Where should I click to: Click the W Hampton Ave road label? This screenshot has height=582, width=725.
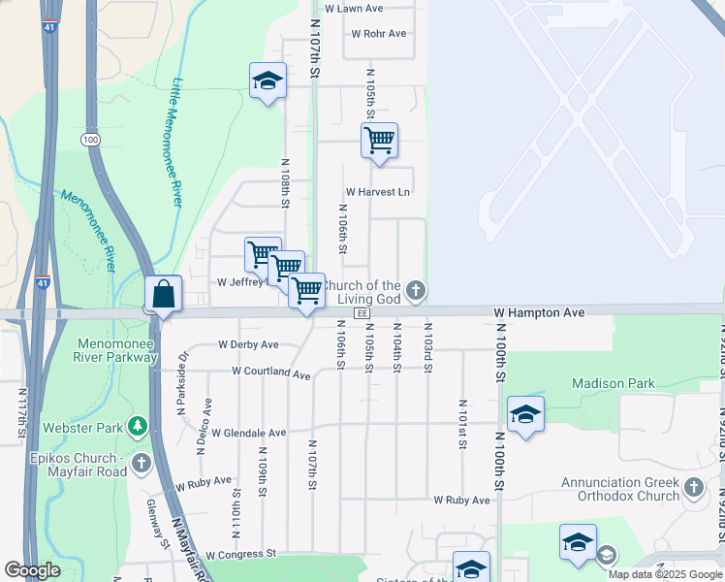(x=539, y=313)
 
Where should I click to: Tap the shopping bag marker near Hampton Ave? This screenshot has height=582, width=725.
(x=164, y=295)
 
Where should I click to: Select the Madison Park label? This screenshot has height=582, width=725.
(x=612, y=383)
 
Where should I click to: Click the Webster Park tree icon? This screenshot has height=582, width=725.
(x=139, y=427)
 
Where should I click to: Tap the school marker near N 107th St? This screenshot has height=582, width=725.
(x=268, y=81)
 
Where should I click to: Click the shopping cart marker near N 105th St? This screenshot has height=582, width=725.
(x=379, y=141)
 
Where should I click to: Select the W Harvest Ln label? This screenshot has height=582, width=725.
(x=378, y=192)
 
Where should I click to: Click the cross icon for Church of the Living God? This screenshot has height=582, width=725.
(x=415, y=289)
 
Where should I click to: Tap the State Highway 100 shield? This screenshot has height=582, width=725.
(x=91, y=140)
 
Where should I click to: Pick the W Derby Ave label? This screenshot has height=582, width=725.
(x=248, y=344)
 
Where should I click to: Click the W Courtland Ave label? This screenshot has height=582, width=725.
(x=271, y=372)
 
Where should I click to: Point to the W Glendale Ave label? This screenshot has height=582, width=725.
(x=249, y=433)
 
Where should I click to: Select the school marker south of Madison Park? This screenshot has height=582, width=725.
(x=525, y=416)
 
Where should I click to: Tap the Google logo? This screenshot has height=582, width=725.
(x=32, y=570)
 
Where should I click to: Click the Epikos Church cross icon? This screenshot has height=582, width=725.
(x=142, y=462)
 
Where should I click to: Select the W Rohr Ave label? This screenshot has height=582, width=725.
(x=379, y=33)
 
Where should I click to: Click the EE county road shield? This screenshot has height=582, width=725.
(x=362, y=313)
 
